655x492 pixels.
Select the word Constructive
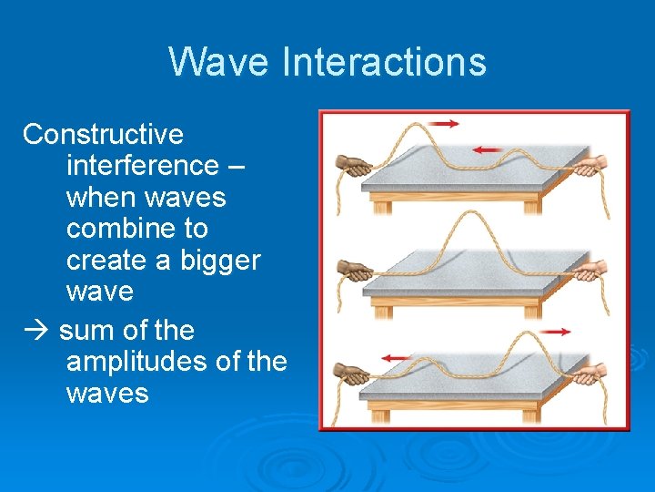point(103,135)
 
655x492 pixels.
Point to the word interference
point(142,166)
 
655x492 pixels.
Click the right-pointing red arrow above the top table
point(445,122)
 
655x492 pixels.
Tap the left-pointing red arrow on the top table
point(489,149)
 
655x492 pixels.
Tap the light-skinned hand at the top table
point(592,165)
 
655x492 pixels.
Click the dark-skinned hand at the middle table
point(355,271)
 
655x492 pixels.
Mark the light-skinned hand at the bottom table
point(592,374)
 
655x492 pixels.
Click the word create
point(102,261)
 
